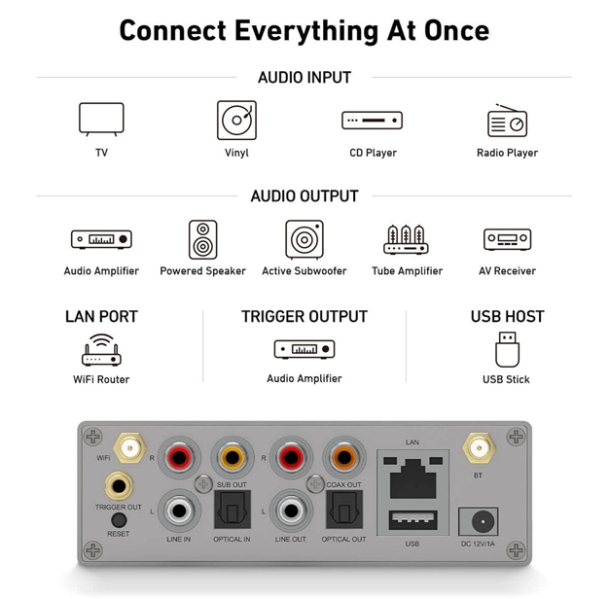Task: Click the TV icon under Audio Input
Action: (x=101, y=120)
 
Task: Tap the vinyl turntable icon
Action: (x=236, y=120)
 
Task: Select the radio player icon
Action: (x=507, y=121)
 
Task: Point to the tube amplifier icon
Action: (x=406, y=239)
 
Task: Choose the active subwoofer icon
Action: (x=304, y=239)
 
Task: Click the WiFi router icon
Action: (x=101, y=350)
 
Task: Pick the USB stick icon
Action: (x=507, y=349)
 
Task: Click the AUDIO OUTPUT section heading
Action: (x=304, y=196)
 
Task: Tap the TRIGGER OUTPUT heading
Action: (x=304, y=316)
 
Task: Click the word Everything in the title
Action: (x=306, y=31)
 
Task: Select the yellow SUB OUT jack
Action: (x=233, y=457)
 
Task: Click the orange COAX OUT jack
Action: (x=344, y=457)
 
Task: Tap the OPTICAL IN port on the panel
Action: (x=233, y=510)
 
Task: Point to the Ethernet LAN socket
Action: (x=412, y=478)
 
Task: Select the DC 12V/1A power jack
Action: (x=478, y=521)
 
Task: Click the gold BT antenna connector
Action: (x=479, y=448)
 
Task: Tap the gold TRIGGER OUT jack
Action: (x=119, y=485)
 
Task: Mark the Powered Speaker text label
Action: (x=202, y=271)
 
